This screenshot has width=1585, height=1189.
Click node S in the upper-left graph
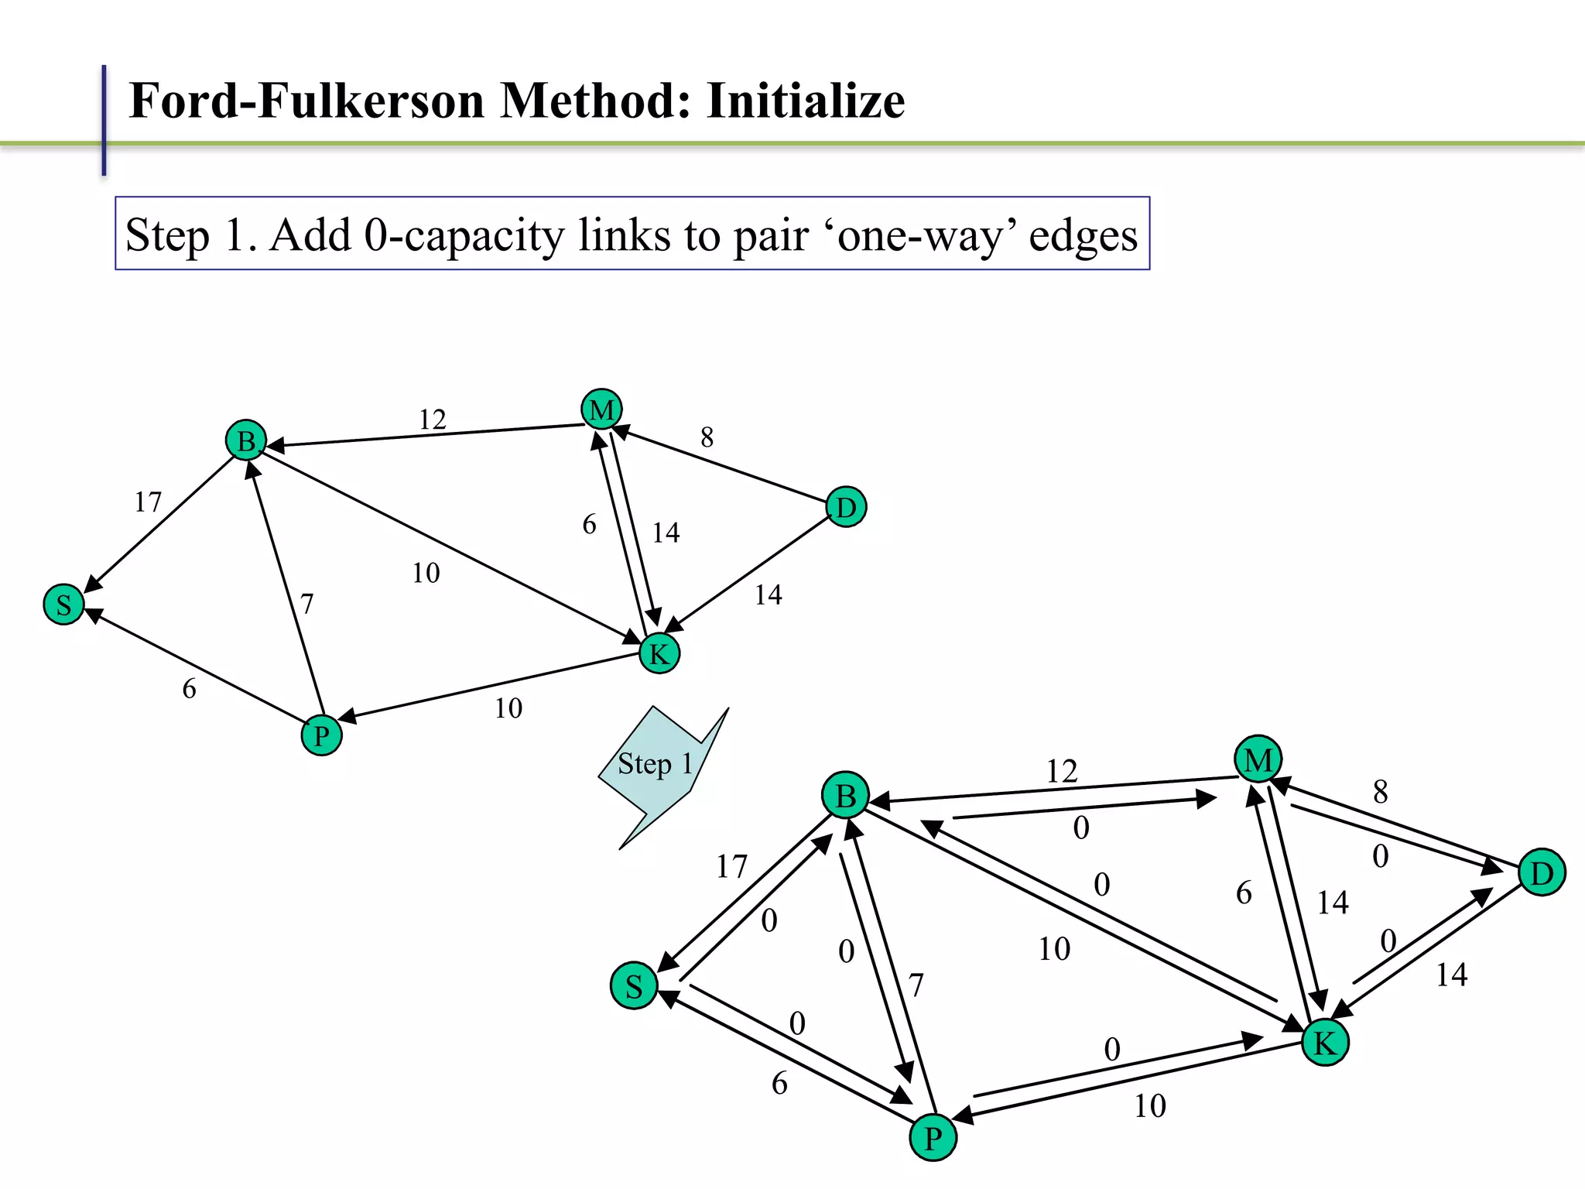[x=63, y=605]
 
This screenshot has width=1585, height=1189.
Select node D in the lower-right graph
[x=1542, y=872]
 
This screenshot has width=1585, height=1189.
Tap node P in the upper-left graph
[x=321, y=735]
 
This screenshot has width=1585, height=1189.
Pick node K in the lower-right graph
[x=1325, y=1043]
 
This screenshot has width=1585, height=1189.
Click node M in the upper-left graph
[x=601, y=409]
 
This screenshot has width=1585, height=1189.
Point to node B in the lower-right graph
[x=846, y=795]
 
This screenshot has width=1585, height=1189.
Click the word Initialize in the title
[x=806, y=101]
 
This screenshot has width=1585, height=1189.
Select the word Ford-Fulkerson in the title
[x=306, y=101]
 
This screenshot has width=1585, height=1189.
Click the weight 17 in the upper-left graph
[x=148, y=502]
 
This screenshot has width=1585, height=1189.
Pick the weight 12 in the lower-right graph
[x=1062, y=771]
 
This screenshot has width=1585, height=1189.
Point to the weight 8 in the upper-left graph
[x=707, y=438]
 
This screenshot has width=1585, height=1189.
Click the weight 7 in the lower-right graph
[x=916, y=985]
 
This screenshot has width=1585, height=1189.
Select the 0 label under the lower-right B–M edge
[x=1081, y=828]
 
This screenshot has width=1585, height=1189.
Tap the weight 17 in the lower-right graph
[x=731, y=867]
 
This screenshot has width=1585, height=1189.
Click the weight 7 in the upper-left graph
[x=307, y=604]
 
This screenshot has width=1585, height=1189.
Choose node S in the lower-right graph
[x=634, y=986]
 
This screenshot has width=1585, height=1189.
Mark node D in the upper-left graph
[x=846, y=508]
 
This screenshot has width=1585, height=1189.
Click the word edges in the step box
[x=1083, y=235]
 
